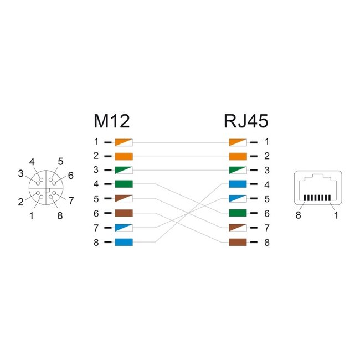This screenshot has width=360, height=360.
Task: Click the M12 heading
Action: (x=112, y=121)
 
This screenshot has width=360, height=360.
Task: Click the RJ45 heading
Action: (x=246, y=121)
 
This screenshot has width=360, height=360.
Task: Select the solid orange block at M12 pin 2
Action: (x=124, y=156)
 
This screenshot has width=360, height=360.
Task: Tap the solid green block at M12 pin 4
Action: (x=124, y=184)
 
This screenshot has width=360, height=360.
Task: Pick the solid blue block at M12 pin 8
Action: (x=124, y=242)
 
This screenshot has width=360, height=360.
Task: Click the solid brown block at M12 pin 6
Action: (x=124, y=213)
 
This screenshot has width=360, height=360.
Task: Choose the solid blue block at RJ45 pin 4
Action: (x=238, y=184)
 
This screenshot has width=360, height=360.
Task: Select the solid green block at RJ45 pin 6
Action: (x=238, y=213)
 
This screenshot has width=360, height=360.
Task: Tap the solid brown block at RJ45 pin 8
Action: (x=238, y=242)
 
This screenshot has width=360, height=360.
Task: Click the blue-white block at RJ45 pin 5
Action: (x=238, y=199)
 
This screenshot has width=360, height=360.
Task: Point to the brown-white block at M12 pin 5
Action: (x=124, y=199)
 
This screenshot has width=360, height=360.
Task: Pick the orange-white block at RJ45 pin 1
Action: (x=238, y=142)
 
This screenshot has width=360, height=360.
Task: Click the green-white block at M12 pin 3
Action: (x=124, y=170)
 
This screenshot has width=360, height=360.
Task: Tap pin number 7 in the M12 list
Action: (x=96, y=228)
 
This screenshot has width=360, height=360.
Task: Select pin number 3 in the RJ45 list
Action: (x=267, y=170)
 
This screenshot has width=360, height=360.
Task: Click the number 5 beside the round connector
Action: (x=60, y=161)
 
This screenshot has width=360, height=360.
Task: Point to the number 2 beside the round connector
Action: (x=20, y=202)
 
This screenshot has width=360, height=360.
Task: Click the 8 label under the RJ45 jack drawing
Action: (x=298, y=215)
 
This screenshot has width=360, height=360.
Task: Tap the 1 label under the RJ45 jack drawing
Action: (x=336, y=215)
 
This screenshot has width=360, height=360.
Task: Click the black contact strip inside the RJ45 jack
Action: (x=317, y=198)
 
